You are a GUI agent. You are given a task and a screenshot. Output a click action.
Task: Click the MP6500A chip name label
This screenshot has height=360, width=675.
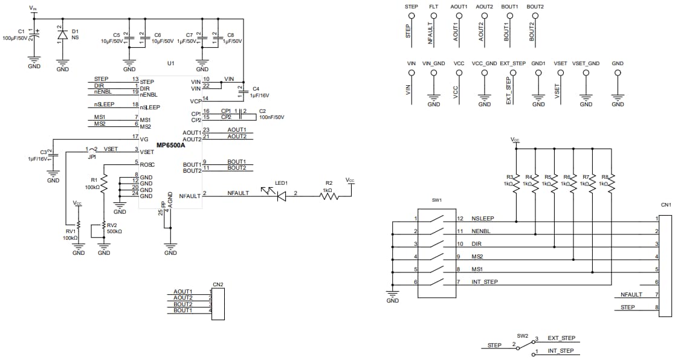pyautogui.click(x=170, y=146)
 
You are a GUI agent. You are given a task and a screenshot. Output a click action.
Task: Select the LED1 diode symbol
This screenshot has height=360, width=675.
pyautogui.click(x=281, y=196)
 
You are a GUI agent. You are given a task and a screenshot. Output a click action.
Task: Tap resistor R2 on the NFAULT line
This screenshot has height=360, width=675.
pyautogui.click(x=328, y=196)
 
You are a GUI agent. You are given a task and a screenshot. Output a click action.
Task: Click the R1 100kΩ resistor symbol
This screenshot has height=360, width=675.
pyautogui.click(x=104, y=182)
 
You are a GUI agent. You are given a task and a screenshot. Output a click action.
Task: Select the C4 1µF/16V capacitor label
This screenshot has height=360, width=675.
pyautogui.click(x=260, y=92)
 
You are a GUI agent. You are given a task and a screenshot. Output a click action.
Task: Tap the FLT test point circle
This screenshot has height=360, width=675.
pyautogui.click(x=433, y=16)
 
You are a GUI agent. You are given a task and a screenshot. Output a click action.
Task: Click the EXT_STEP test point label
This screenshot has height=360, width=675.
pyautogui.click(x=512, y=63)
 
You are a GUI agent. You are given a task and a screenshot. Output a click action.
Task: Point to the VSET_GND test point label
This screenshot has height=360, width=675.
pyautogui.click(x=586, y=63)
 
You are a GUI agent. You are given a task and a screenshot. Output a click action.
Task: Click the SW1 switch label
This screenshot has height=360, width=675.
pyautogui.click(x=437, y=200)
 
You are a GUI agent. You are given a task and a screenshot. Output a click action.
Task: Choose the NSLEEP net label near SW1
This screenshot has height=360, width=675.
pyautogui.click(x=483, y=218)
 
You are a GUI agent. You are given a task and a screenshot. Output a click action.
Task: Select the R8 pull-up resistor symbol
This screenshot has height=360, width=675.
pyautogui.click(x=611, y=183)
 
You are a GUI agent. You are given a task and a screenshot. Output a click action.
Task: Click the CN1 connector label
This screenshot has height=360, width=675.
pyautogui.click(x=666, y=205)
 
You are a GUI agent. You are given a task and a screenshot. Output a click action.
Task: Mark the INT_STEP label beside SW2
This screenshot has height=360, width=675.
pyautogui.click(x=560, y=350)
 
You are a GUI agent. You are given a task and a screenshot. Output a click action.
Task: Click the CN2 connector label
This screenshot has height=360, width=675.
pyautogui.click(x=218, y=284)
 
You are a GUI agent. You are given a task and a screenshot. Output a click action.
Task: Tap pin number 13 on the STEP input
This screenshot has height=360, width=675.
pyautogui.click(x=135, y=79)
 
